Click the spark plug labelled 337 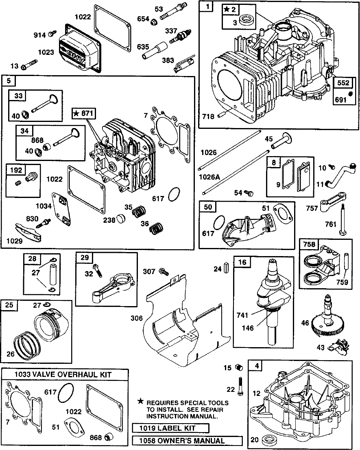tap(180, 37)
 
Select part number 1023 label tap(46, 52)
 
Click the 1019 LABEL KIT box tap(170, 428)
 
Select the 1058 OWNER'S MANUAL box tap(187, 441)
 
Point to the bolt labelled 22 tap(240, 386)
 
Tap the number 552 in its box tap(343, 83)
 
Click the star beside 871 tap(76, 114)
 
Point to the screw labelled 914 tap(52, 34)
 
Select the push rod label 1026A tap(209, 177)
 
